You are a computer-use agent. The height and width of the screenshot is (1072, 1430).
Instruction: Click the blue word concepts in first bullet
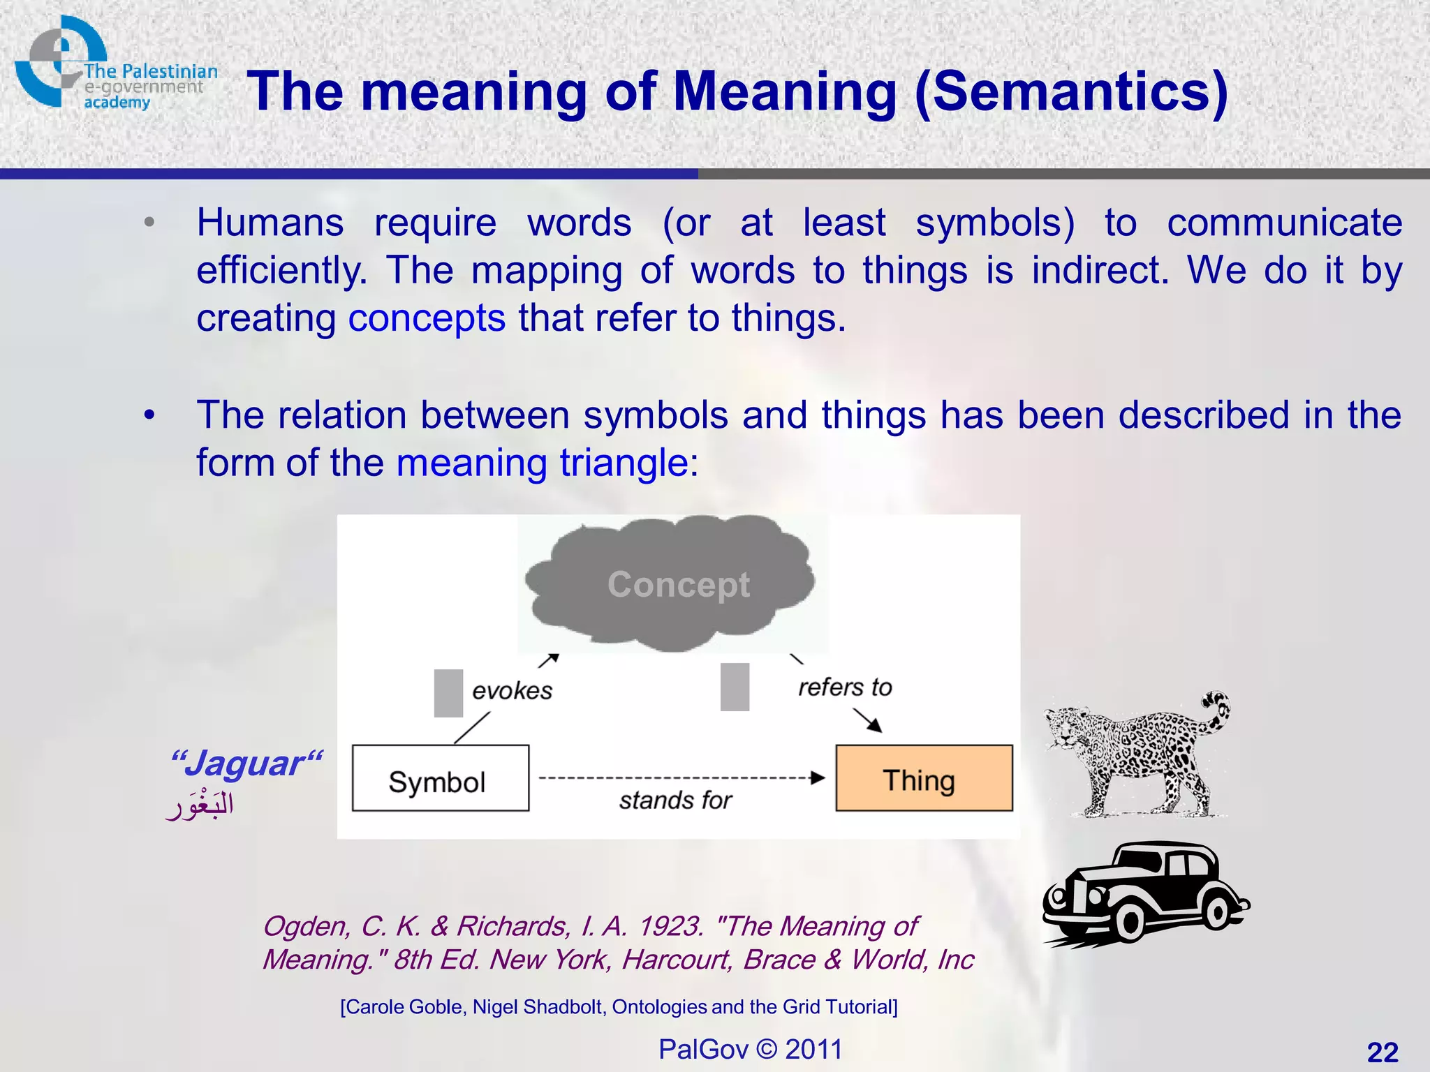pyautogui.click(x=427, y=318)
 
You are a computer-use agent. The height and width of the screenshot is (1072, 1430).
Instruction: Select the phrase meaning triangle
pyautogui.click(x=542, y=463)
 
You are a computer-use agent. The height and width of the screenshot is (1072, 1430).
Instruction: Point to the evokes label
pyautogui.click(x=512, y=691)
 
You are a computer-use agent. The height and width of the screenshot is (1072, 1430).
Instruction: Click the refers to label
pyautogui.click(x=845, y=687)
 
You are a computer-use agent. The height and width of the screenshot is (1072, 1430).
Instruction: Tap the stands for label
pyautogui.click(x=675, y=800)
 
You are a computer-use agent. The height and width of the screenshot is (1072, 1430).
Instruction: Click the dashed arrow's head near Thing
pyautogui.click(x=818, y=777)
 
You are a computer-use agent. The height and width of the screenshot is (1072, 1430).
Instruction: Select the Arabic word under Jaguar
pyautogui.click(x=200, y=806)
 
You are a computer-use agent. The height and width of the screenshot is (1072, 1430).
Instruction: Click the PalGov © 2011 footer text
pyautogui.click(x=750, y=1049)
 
